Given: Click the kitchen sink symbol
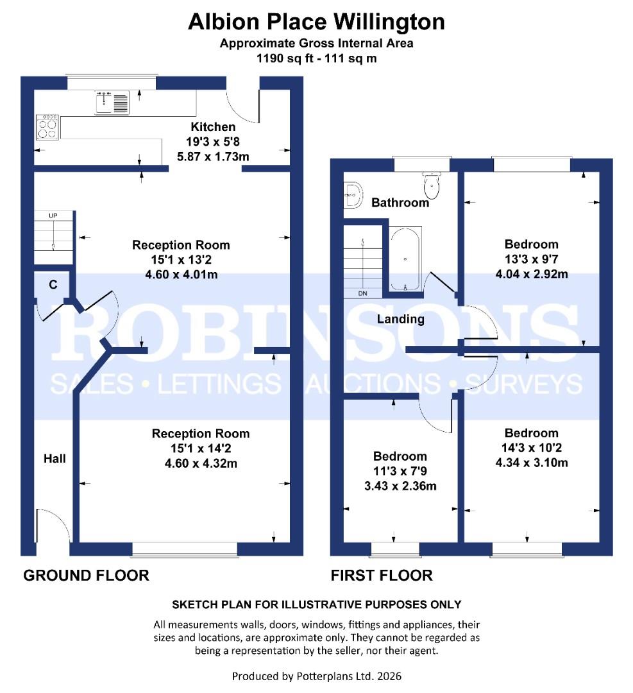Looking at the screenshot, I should click(112, 102).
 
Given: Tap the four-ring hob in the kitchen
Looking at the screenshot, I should click(47, 126).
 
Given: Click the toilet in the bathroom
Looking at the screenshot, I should click(432, 186).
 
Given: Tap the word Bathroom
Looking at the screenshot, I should click(400, 203).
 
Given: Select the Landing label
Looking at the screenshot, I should click(400, 319).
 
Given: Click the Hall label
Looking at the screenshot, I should click(54, 458).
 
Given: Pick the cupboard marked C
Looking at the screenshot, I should click(53, 284).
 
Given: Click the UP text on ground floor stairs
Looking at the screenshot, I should click(53, 216).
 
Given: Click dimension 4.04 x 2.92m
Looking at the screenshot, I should click(531, 275).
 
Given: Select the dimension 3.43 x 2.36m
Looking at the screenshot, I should click(400, 486).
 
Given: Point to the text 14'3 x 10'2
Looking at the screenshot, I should click(531, 448).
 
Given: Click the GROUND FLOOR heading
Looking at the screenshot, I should click(86, 575).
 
